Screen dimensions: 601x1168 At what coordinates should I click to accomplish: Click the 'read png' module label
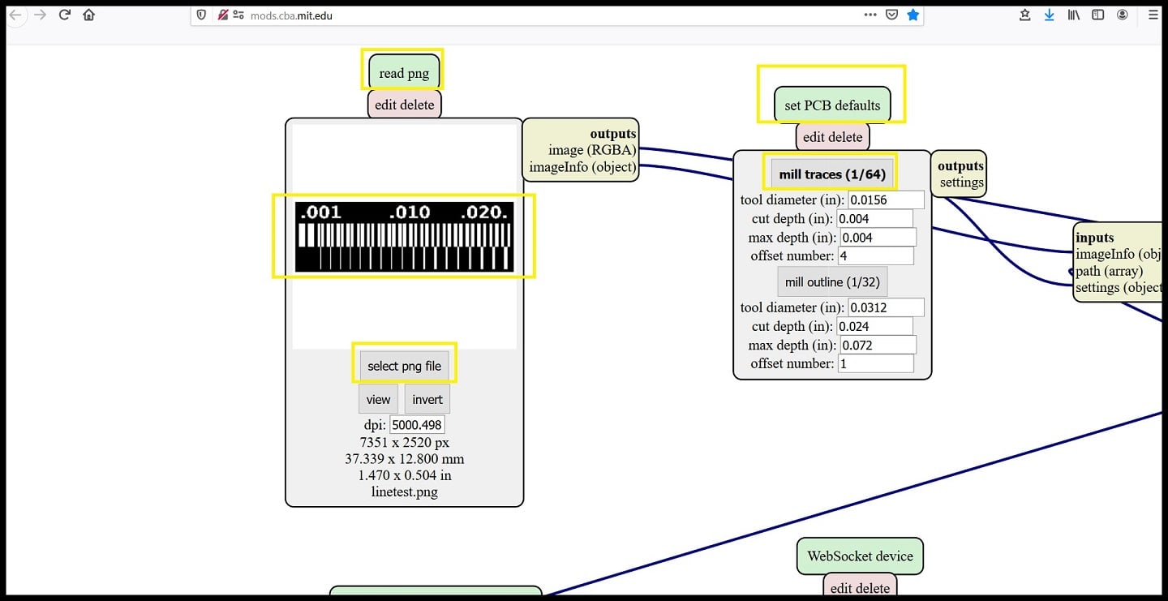click(404, 73)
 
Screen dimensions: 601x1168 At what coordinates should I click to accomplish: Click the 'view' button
click(378, 399)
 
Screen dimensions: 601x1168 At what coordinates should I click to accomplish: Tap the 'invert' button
click(427, 399)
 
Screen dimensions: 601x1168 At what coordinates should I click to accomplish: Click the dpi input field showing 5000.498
click(417, 425)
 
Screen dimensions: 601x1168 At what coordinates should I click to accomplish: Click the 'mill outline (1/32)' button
click(832, 282)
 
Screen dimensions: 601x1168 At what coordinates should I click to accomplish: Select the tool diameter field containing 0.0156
click(886, 200)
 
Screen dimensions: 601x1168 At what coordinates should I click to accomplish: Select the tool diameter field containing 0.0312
click(886, 307)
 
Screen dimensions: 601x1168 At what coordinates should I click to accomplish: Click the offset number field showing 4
click(875, 256)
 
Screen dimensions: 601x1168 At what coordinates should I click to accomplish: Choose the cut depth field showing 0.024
click(875, 327)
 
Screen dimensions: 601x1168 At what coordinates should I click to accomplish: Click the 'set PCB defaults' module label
click(832, 105)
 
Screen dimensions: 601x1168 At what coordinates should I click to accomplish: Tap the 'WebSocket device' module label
click(860, 556)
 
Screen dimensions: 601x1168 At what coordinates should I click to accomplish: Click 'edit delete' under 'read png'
click(404, 105)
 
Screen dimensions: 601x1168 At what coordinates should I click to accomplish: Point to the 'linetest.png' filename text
click(404, 492)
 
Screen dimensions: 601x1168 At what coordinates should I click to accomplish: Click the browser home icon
click(89, 15)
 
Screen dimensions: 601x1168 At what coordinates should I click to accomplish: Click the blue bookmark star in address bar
click(913, 15)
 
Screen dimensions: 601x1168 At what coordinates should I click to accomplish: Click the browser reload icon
click(64, 15)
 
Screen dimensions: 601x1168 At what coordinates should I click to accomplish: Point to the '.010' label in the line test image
click(410, 213)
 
